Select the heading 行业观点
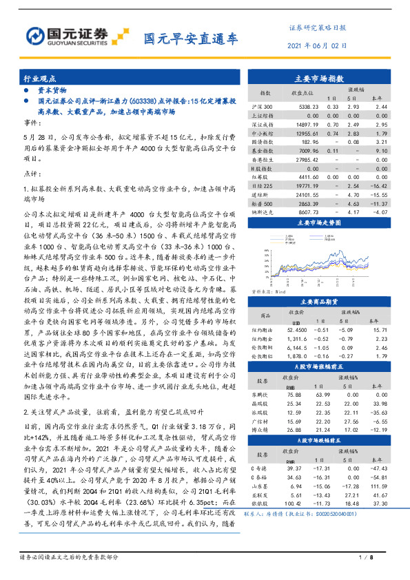[39, 79]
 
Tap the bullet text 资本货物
[51, 90]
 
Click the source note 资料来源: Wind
[272, 291]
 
